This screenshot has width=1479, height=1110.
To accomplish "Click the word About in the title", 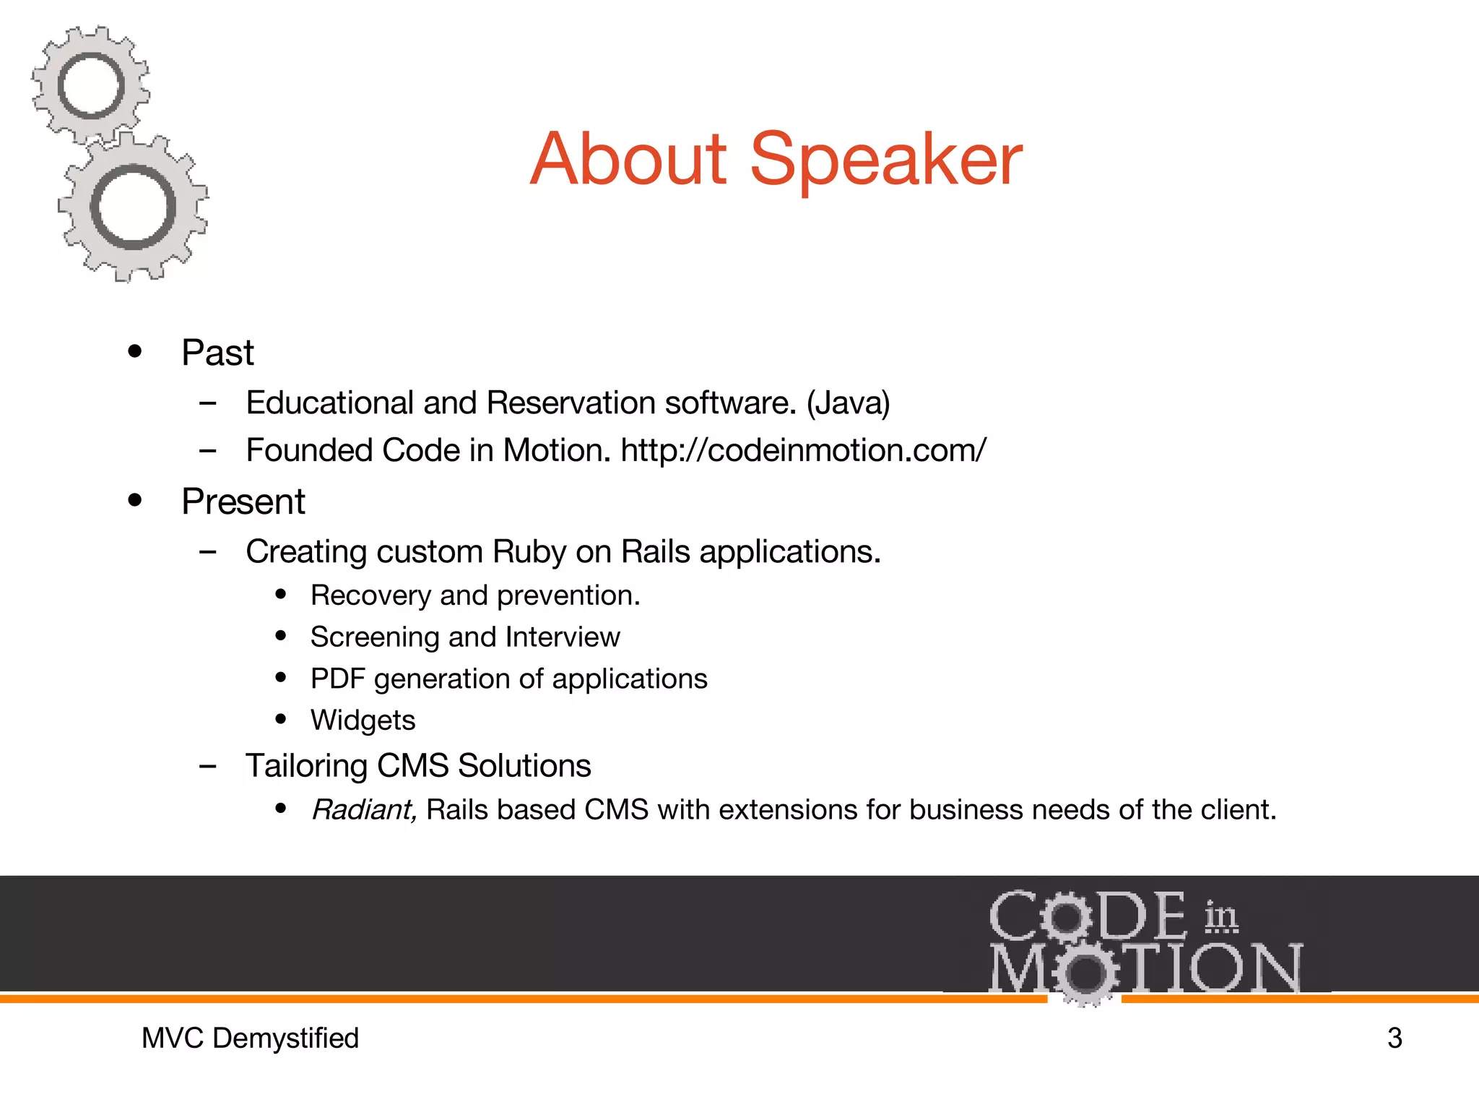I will click(x=628, y=160).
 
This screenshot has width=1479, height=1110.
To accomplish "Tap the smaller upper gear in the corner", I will click(x=91, y=85).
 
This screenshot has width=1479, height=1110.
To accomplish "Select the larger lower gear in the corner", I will click(x=133, y=208).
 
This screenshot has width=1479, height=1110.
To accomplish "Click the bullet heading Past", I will click(x=217, y=353).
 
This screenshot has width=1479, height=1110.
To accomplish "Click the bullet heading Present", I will click(x=243, y=502).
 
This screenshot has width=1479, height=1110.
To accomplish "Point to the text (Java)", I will click(x=848, y=403).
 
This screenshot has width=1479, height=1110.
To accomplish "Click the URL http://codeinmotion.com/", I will click(x=803, y=450).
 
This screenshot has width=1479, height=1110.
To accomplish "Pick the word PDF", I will click(x=337, y=679).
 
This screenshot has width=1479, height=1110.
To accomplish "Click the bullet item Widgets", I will click(x=363, y=720).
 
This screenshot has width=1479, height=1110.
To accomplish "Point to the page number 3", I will click(x=1395, y=1038).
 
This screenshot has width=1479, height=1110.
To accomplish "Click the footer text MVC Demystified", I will click(x=250, y=1038).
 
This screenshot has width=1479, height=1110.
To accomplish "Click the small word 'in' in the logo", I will click(x=1220, y=916).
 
